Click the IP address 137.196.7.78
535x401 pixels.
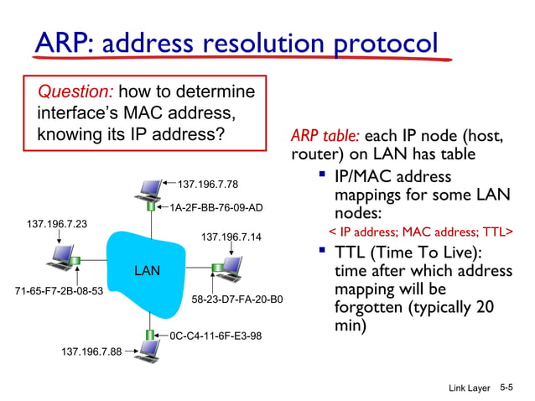208,185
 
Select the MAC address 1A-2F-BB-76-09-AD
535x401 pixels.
216,207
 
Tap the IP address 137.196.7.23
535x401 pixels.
57,224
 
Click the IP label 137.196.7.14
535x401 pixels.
231,237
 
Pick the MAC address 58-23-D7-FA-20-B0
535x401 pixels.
237,299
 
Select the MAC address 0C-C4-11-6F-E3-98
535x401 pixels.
216,336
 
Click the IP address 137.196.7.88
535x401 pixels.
91,352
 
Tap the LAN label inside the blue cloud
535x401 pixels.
147,271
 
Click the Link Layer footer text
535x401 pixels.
469,388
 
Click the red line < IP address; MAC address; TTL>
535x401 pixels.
419,231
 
